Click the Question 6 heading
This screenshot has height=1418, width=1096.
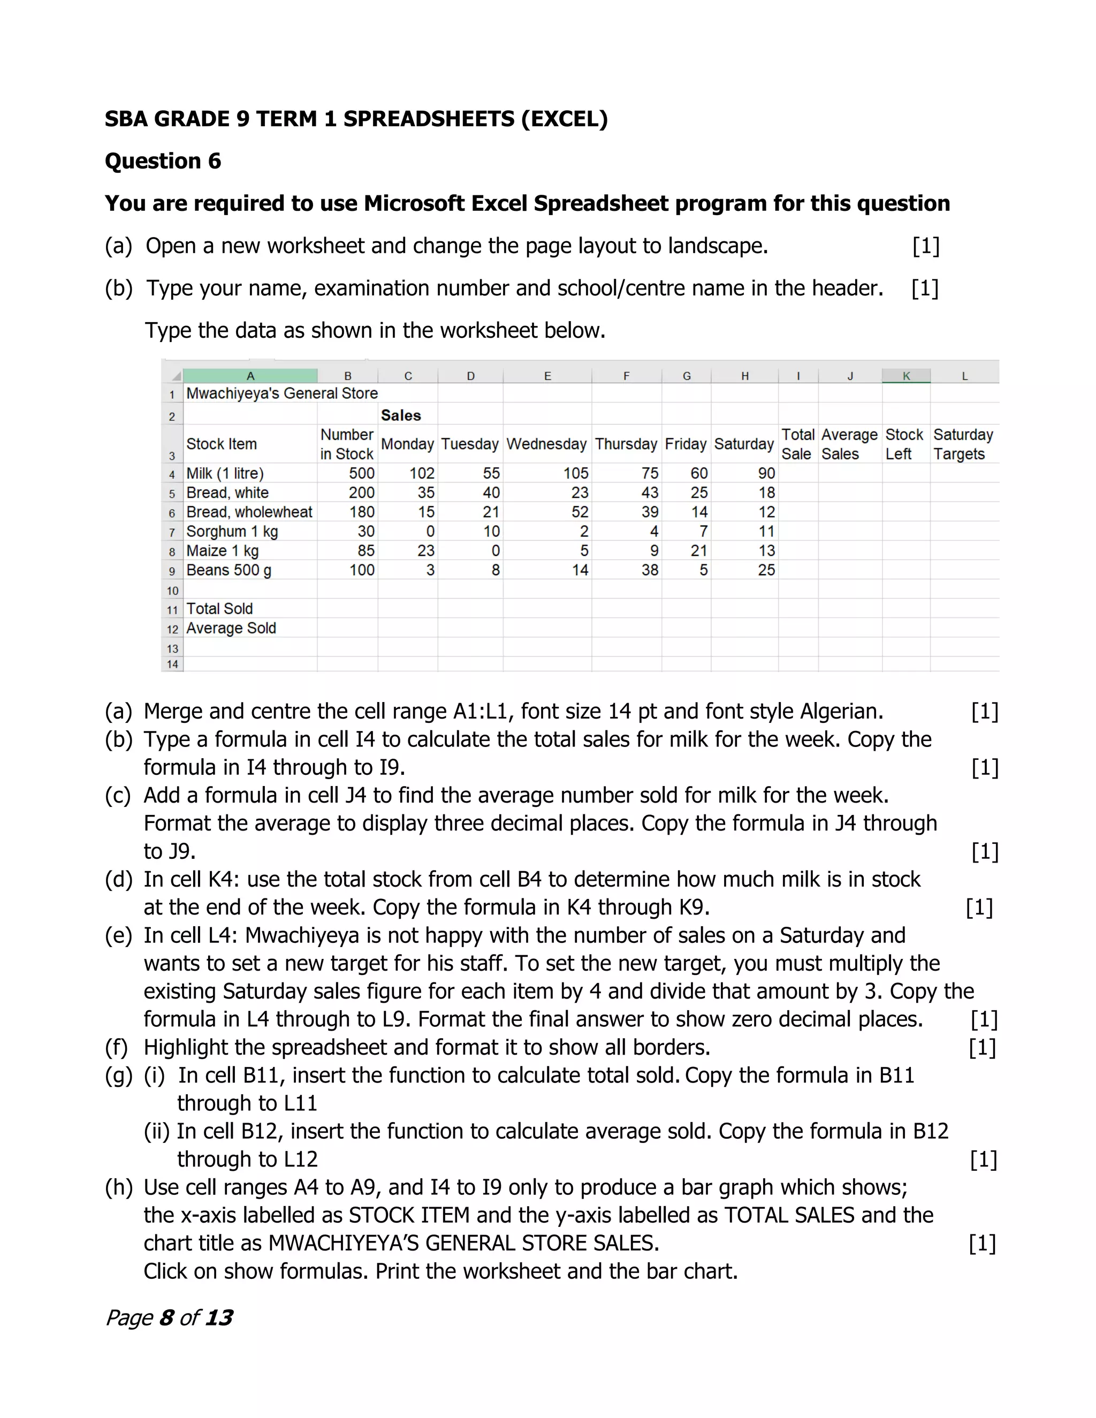pyautogui.click(x=163, y=161)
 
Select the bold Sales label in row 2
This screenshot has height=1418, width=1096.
pyautogui.click(x=401, y=416)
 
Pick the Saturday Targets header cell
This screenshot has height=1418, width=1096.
pyautogui.click(x=963, y=444)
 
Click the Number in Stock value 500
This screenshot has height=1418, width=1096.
pyautogui.click(x=361, y=474)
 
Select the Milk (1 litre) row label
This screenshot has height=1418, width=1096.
pyautogui.click(x=225, y=474)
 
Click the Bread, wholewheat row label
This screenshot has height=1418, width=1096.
pyautogui.click(x=249, y=512)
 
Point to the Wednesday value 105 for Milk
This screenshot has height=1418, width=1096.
pyautogui.click(x=575, y=474)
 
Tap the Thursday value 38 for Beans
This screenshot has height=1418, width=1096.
pyautogui.click(x=649, y=570)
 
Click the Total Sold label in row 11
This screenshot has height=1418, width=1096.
pyautogui.click(x=219, y=609)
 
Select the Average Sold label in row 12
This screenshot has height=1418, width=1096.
pyautogui.click(x=231, y=629)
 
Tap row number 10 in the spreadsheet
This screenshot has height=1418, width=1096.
pyautogui.click(x=172, y=591)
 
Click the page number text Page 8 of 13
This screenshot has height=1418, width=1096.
pyautogui.click(x=169, y=1317)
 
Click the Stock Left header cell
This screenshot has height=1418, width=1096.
pyautogui.click(x=904, y=444)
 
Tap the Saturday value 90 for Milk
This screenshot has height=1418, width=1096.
pyautogui.click(x=766, y=474)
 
